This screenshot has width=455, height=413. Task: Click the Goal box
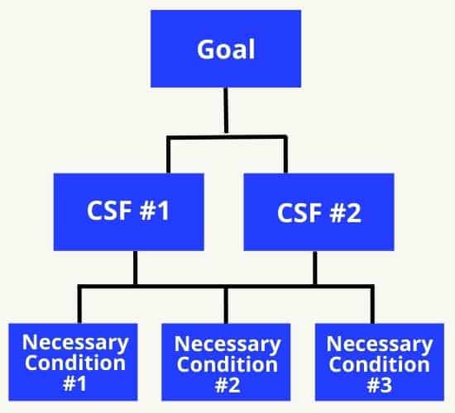pyautogui.click(x=226, y=49)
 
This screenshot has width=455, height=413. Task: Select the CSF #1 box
pyautogui.click(x=129, y=211)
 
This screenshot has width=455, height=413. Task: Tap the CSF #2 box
pyautogui.click(x=318, y=211)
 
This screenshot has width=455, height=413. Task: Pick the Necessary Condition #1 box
pyautogui.click(x=73, y=362)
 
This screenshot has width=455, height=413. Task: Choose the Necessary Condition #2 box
pyautogui.click(x=226, y=362)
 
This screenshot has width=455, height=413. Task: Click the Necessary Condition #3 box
pyautogui.click(x=380, y=362)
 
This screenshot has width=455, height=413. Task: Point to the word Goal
pyautogui.click(x=226, y=50)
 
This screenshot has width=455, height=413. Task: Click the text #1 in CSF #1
pyautogui.click(x=155, y=211)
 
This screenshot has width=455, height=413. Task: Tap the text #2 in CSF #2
pyautogui.click(x=345, y=213)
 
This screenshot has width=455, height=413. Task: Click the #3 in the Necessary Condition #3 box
pyautogui.click(x=380, y=385)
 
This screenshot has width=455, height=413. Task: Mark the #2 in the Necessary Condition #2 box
pyautogui.click(x=227, y=385)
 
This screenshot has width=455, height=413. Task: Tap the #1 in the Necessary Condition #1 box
pyautogui.click(x=74, y=383)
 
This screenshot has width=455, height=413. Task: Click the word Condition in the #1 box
pyautogui.click(x=75, y=363)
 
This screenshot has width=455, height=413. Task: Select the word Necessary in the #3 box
pyautogui.click(x=380, y=344)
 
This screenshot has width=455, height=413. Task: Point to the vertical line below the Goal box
pyautogui.click(x=226, y=111)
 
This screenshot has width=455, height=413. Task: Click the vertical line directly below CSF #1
pyautogui.click(x=135, y=268)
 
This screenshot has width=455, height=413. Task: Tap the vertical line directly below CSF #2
pyautogui.click(x=315, y=268)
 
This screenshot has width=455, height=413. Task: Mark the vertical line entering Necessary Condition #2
pyautogui.click(x=226, y=306)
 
